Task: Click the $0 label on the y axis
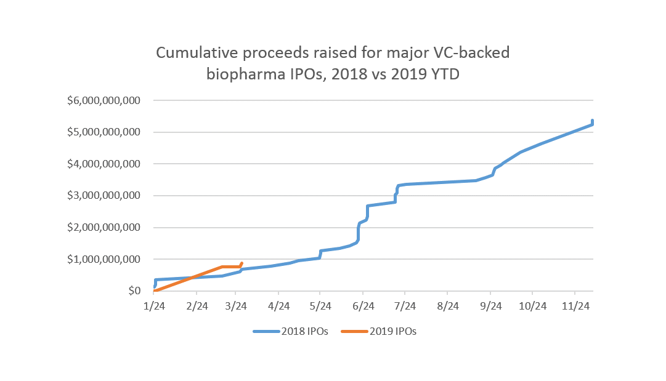tap(136, 291)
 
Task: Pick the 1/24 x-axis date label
tap(154, 306)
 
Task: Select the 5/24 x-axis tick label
tap(320, 306)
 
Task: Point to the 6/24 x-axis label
tap(363, 306)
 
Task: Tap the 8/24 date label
tap(448, 306)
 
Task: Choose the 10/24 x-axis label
tap(532, 306)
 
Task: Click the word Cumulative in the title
tap(193, 53)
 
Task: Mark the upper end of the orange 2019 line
tap(242, 263)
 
